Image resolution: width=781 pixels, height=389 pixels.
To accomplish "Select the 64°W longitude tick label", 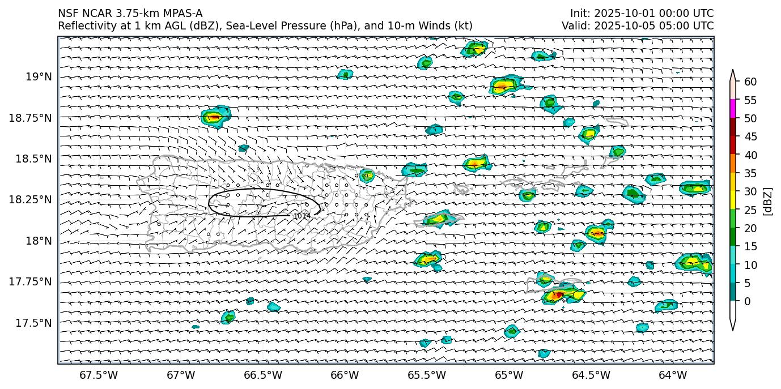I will (x=673, y=375).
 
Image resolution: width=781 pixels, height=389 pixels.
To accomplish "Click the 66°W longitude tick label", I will (x=345, y=375).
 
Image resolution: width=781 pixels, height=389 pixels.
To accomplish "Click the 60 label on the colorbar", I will (x=750, y=82).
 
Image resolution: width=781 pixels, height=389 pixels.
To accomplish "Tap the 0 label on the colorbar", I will (x=748, y=301).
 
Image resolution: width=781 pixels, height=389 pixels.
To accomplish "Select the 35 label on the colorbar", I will (x=750, y=173).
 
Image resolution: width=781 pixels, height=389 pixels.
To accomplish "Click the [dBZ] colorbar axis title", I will (x=769, y=201).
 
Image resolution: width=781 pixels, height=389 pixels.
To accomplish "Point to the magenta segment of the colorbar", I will (x=733, y=109).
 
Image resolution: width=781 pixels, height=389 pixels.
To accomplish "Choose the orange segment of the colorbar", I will (x=733, y=164).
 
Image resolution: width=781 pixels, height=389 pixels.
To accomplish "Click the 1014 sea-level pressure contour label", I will (x=302, y=216).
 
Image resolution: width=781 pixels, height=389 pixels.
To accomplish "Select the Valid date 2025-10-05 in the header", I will (x=617, y=25).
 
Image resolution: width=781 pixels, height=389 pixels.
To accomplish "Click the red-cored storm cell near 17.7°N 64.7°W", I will (x=558, y=294).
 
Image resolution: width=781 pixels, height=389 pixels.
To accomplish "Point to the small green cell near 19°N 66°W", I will (x=345, y=74).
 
